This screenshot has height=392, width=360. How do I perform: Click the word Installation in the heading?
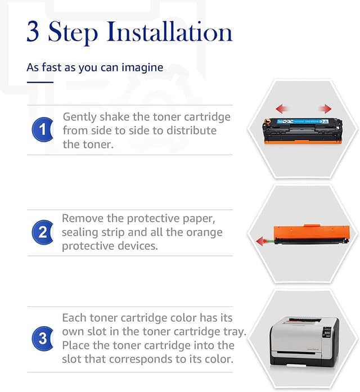point(170,31)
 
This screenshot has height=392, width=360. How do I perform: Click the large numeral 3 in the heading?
point(33,31)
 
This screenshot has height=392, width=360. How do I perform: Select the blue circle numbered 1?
point(43,129)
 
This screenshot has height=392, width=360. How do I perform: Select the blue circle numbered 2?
point(43,232)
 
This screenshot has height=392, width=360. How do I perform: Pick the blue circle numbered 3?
point(43,339)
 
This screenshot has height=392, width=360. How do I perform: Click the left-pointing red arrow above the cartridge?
point(282,109)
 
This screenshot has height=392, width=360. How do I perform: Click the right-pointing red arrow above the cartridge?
point(325,109)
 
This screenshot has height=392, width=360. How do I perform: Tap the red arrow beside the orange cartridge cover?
point(262,241)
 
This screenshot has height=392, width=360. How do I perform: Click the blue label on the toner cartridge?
point(303,121)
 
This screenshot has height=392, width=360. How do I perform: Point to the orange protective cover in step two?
point(312,232)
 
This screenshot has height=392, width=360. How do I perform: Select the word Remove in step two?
point(83,218)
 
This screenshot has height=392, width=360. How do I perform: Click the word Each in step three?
point(74,318)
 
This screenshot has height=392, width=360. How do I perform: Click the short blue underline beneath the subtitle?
point(40,82)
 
